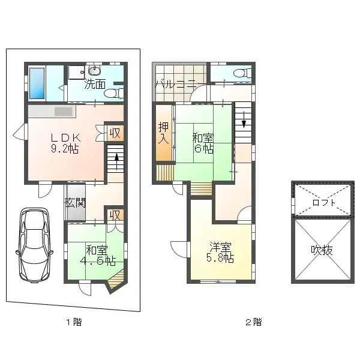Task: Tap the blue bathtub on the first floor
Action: [x=37, y=83]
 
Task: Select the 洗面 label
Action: [x=95, y=84]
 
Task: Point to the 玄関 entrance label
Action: [x=76, y=202]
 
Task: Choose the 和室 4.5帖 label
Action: [x=98, y=255]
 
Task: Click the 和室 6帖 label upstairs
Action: [x=202, y=143]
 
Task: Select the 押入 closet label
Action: [x=163, y=133]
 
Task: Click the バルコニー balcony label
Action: [x=175, y=85]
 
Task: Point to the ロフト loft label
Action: [x=324, y=202]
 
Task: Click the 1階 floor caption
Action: [x=73, y=322]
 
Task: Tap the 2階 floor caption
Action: [x=253, y=322]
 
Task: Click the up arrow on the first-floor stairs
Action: [x=116, y=161]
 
